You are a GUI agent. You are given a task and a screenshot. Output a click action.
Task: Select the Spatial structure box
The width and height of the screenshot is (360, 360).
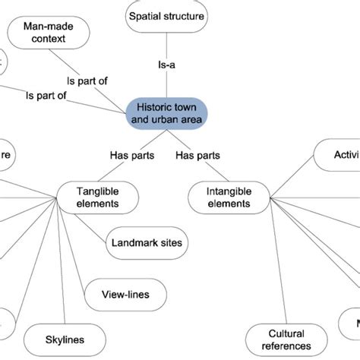coord(165,17)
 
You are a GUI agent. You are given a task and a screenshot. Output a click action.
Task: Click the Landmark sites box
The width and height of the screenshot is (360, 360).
coord(147,243)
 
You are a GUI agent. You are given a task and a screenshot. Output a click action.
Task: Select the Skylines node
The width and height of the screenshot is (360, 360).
coord(65,339)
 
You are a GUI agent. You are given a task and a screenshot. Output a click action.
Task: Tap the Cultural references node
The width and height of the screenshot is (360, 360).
coord(286,339)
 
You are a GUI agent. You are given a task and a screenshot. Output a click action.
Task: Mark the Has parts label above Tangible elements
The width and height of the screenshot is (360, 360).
coord(133,156)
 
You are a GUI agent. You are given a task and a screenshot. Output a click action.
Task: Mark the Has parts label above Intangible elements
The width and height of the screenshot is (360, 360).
coord(197,156)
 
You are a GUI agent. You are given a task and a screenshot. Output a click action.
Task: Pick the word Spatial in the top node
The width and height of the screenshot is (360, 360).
coord(146,17)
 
